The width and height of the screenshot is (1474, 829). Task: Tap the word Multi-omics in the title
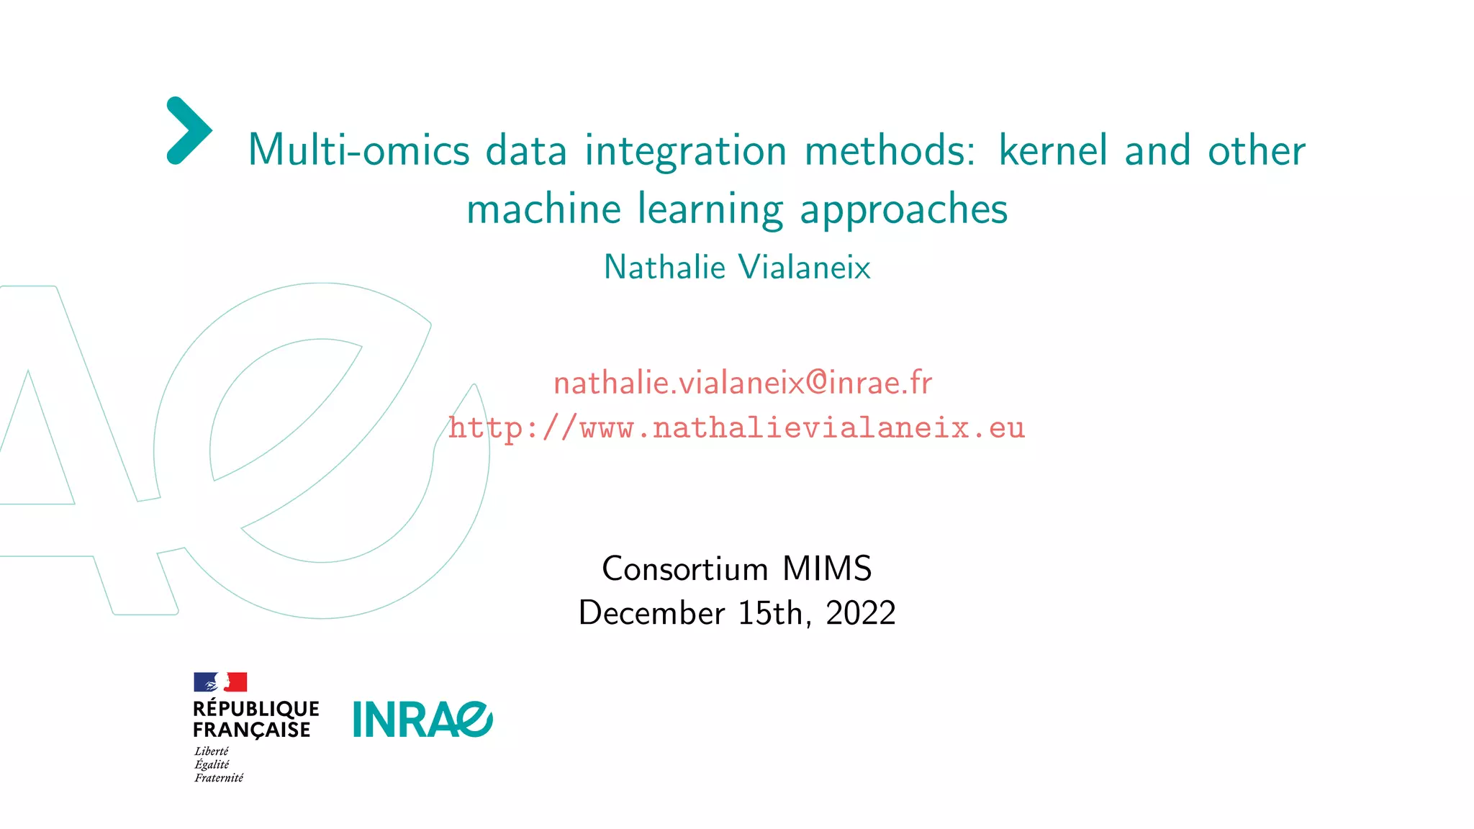coord(358,150)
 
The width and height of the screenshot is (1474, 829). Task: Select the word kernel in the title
coord(1053,150)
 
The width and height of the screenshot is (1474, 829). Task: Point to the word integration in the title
coord(685,152)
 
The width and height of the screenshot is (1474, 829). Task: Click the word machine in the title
coord(543,209)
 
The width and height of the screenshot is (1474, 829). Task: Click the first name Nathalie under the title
coord(664,267)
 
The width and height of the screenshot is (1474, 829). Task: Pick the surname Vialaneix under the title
coord(805,267)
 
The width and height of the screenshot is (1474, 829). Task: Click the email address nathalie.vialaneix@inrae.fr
coord(742,382)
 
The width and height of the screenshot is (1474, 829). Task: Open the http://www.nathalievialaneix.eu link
coord(736,428)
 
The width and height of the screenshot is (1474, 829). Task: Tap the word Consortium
coord(684,569)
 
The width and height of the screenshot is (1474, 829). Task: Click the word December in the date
coord(651,613)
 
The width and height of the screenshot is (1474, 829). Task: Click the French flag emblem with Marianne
coord(220,682)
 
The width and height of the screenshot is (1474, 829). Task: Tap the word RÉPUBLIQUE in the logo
coord(256,709)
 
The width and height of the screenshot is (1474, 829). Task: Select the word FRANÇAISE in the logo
coord(251,730)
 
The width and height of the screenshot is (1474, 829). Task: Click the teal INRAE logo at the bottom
coord(422,720)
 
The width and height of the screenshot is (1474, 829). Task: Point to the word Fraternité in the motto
coord(219,778)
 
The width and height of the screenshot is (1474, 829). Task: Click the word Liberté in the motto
coord(212,751)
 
